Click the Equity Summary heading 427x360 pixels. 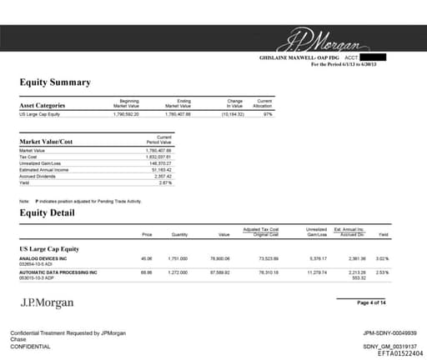pyautogui.click(x=55, y=82)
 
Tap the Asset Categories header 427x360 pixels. pyautogui.click(x=42, y=106)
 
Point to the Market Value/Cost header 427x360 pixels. pyautogui.click(x=46, y=142)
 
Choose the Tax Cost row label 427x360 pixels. pyautogui.click(x=28, y=156)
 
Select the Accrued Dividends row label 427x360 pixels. pyautogui.click(x=37, y=176)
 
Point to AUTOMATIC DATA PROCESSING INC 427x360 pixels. pyautogui.click(x=58, y=272)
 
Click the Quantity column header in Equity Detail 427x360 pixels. pyautogui.click(x=179, y=235)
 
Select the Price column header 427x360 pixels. pyautogui.click(x=147, y=235)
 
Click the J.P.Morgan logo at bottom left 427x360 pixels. pyautogui.click(x=47, y=303)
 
